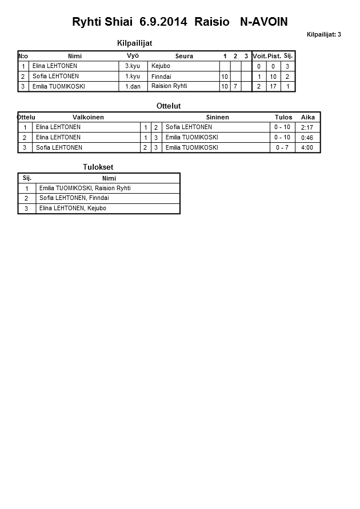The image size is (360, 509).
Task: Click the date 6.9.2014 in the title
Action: point(163,22)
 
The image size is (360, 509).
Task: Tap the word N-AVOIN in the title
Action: point(260,22)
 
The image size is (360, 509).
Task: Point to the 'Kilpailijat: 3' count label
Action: point(323,34)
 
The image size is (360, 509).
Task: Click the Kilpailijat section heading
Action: point(134,43)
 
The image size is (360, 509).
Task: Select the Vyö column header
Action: point(133,55)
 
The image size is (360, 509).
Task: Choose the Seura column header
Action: point(184,56)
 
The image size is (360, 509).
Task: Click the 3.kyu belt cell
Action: point(133,66)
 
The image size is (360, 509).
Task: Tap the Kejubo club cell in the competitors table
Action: point(161,66)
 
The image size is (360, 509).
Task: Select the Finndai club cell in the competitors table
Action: point(161,77)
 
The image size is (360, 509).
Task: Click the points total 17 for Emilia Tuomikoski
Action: point(273,86)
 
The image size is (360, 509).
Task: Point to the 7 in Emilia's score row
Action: point(235,86)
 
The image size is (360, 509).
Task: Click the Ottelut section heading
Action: point(169,106)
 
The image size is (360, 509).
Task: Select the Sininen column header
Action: point(217,117)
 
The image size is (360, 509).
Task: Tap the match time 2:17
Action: point(307,127)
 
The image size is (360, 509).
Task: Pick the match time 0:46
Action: point(307,138)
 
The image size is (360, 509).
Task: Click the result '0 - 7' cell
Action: point(282,147)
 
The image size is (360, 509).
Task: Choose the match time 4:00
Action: point(307,147)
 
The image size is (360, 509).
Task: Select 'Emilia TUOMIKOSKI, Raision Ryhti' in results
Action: point(85,188)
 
